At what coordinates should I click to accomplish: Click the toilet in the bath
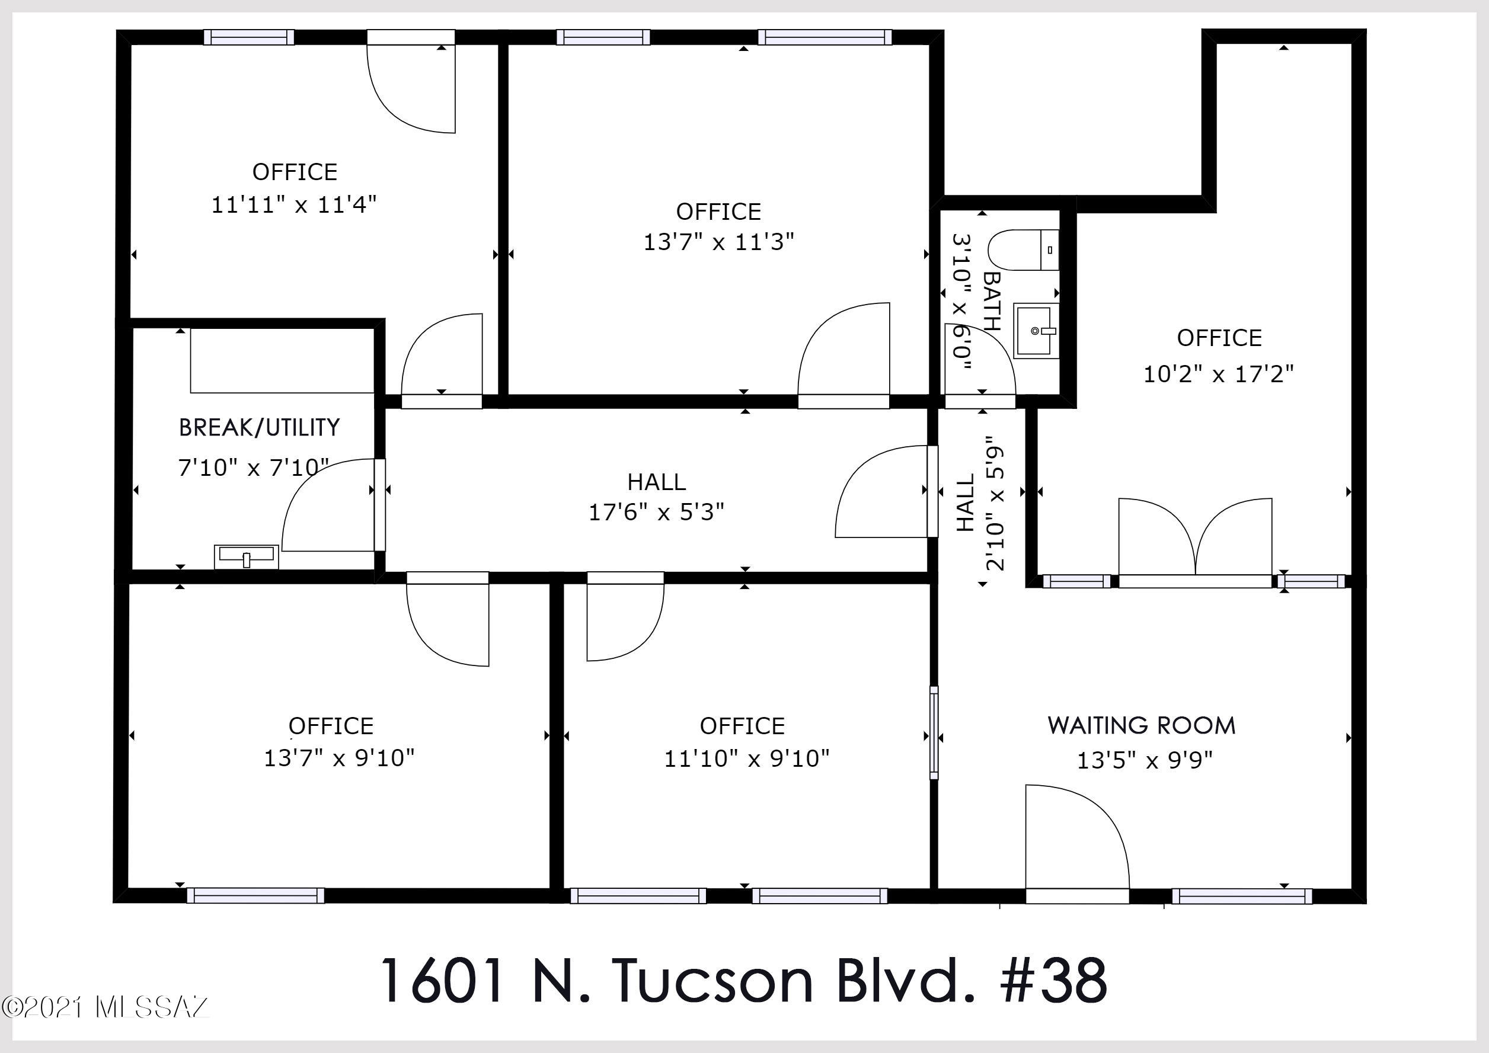pyautogui.click(x=1023, y=249)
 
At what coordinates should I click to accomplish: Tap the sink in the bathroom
pyautogui.click(x=1036, y=331)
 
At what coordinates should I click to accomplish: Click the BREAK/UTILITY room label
pyautogui.click(x=260, y=427)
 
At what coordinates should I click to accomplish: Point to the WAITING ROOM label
pyautogui.click(x=1142, y=725)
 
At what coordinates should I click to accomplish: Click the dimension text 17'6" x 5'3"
pyautogui.click(x=656, y=512)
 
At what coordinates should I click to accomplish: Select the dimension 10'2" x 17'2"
pyautogui.click(x=1218, y=374)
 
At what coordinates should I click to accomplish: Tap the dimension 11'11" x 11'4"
pyautogui.click(x=294, y=205)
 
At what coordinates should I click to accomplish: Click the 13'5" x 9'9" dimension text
pyautogui.click(x=1145, y=759)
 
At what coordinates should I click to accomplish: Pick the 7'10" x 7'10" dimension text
pyautogui.click(x=254, y=467)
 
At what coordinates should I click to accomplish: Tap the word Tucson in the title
pyautogui.click(x=712, y=981)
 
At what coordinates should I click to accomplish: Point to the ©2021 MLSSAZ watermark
pyautogui.click(x=105, y=1007)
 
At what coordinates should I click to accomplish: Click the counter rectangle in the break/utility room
pyautogui.click(x=282, y=360)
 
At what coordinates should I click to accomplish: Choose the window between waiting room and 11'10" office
pyautogui.click(x=934, y=732)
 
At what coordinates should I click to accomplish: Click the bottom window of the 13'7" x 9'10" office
pyautogui.click(x=256, y=895)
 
